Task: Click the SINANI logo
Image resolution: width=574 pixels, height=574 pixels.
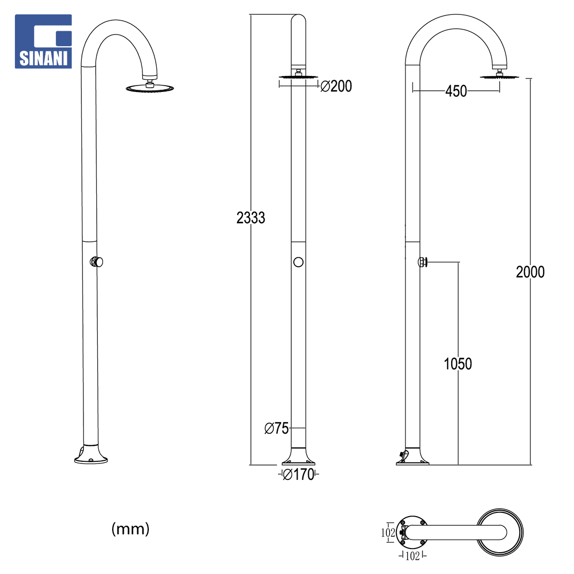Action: coord(43,41)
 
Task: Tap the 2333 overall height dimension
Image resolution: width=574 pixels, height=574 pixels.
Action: coord(251,218)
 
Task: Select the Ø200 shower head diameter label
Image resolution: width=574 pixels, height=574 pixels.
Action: coord(336,87)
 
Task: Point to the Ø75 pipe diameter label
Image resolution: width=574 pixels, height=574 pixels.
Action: coord(277,428)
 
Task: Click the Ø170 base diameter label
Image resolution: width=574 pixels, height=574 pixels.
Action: coord(299,475)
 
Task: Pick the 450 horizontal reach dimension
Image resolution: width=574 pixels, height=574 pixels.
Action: coord(456,91)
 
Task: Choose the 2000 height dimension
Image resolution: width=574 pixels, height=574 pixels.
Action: coord(530,272)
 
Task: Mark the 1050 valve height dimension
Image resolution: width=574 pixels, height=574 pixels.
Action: coord(458,364)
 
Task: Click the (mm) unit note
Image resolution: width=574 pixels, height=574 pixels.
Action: coord(131,529)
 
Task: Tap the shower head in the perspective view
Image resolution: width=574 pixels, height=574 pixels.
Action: coord(150,88)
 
